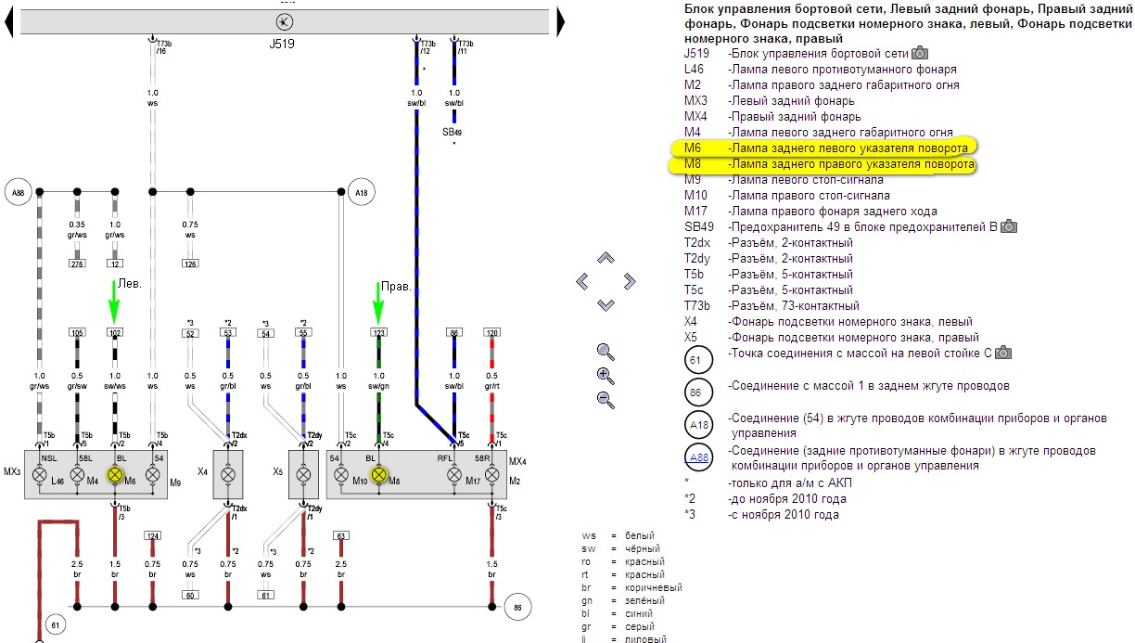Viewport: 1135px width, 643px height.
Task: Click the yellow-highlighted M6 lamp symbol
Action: (116, 474)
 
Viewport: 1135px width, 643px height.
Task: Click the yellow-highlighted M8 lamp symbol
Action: (378, 474)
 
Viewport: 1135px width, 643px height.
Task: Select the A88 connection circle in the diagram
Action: (18, 192)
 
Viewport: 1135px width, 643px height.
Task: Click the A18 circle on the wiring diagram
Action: (362, 192)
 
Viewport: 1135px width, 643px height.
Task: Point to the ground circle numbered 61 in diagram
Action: (56, 626)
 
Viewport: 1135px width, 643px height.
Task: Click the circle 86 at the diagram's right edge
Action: (517, 608)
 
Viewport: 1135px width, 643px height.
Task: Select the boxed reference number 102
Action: (115, 331)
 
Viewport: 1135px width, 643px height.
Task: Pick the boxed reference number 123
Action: (378, 331)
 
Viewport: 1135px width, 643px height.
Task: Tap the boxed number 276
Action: (77, 264)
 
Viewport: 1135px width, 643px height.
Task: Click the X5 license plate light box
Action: (303, 474)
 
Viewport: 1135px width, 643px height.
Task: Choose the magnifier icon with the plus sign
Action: (606, 375)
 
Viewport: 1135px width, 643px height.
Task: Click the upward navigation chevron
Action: (606, 257)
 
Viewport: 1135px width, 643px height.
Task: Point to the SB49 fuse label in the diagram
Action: (453, 132)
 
